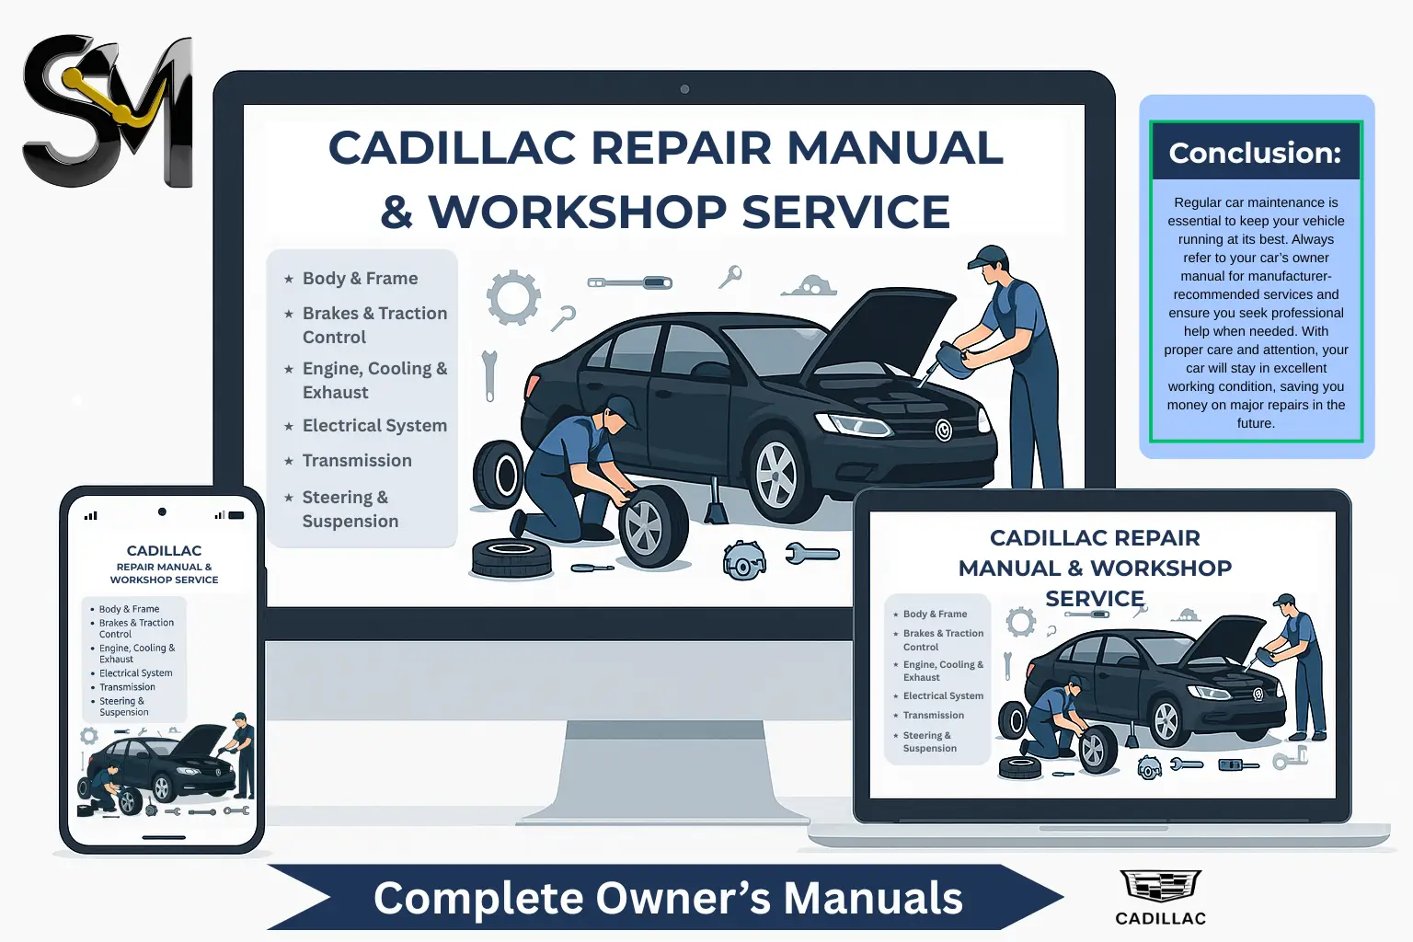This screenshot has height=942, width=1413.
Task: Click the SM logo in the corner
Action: tap(108, 111)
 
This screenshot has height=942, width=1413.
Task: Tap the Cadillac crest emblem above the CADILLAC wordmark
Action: tap(1160, 885)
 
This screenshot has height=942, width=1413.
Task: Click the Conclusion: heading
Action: tap(1256, 153)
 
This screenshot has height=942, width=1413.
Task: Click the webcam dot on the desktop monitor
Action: tap(684, 89)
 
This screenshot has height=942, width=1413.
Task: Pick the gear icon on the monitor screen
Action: tap(513, 297)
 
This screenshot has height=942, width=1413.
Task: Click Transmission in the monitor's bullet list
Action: tap(357, 461)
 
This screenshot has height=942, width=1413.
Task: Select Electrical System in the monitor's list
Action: tap(374, 426)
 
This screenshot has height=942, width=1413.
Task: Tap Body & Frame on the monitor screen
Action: tap(361, 278)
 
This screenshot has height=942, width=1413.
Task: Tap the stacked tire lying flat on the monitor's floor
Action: tap(511, 557)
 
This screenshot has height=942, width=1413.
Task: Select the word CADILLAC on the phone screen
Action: tap(164, 551)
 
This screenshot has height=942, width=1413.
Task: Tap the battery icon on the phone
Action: tap(235, 515)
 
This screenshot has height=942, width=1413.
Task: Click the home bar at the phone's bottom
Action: tap(164, 838)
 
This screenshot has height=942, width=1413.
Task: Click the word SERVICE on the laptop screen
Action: tap(1095, 598)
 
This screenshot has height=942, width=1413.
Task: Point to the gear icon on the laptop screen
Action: tap(1020, 623)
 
